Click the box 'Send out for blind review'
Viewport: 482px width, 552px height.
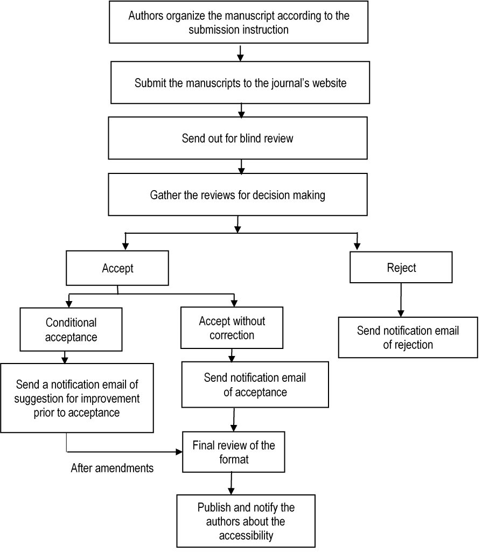pos(237,138)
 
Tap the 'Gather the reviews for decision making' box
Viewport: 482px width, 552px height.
pos(237,194)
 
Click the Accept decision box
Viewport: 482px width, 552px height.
pos(117,268)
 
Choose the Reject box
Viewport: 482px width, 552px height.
pos(401,268)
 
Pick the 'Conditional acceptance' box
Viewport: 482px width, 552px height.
pos(71,330)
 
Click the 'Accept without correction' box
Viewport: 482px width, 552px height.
pos(232,328)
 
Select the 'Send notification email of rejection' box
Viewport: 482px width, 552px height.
pos(408,338)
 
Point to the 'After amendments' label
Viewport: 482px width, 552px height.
pos(112,469)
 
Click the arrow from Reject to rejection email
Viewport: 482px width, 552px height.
pos(400,299)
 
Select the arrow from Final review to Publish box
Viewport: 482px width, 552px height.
pos(232,483)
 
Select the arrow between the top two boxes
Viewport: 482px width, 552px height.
pos(241,52)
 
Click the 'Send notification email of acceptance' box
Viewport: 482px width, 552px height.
pos(255,385)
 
